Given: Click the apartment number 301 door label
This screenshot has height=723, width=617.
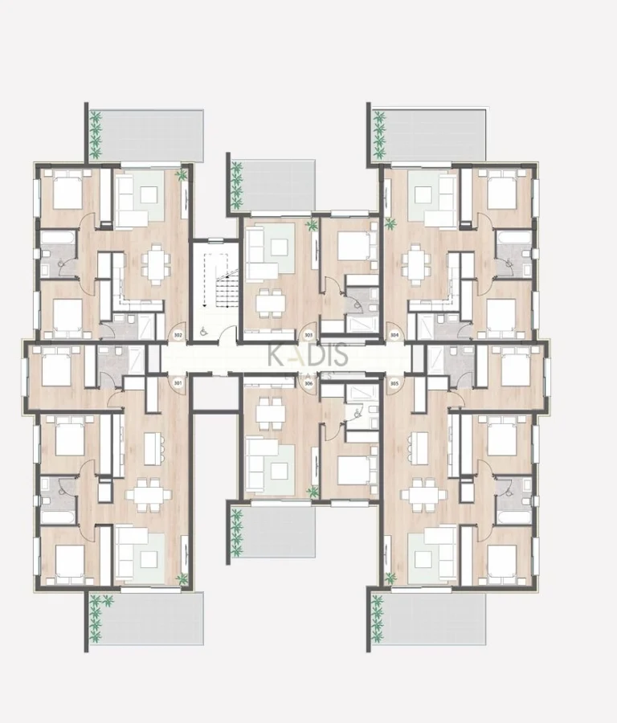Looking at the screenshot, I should click(178, 383).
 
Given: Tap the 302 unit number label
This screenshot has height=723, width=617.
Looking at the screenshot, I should click(178, 334).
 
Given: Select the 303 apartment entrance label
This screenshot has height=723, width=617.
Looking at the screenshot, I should click(308, 334).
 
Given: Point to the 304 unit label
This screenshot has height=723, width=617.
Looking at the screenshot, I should click(394, 334).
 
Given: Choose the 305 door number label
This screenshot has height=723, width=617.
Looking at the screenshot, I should click(394, 384).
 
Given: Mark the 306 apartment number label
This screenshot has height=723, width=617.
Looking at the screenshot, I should click(308, 384).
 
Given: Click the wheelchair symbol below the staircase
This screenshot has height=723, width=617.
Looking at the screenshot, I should click(202, 328).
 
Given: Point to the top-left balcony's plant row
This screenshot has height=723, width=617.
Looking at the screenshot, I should click(96, 134).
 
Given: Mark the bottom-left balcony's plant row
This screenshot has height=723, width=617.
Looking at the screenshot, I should click(96, 616).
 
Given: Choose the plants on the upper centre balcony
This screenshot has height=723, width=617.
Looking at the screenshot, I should click(237, 184).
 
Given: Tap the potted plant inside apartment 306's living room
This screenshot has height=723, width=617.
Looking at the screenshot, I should click(312, 492).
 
